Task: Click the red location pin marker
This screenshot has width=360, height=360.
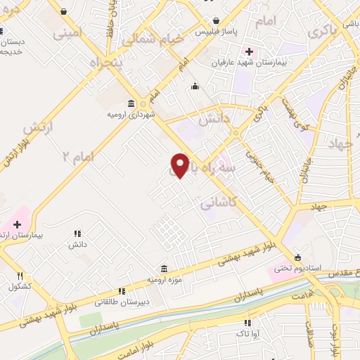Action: (180, 165)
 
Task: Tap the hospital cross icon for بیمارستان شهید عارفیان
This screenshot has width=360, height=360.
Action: (248, 52)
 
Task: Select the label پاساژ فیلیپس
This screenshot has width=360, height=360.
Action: (212, 32)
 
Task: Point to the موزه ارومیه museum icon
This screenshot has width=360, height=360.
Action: (164, 269)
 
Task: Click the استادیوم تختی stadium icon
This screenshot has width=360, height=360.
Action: (297, 257)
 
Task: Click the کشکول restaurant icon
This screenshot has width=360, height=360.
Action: (20, 276)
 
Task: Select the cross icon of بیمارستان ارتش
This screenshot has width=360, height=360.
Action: (17, 224)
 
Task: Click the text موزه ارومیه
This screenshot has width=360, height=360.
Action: (164, 280)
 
